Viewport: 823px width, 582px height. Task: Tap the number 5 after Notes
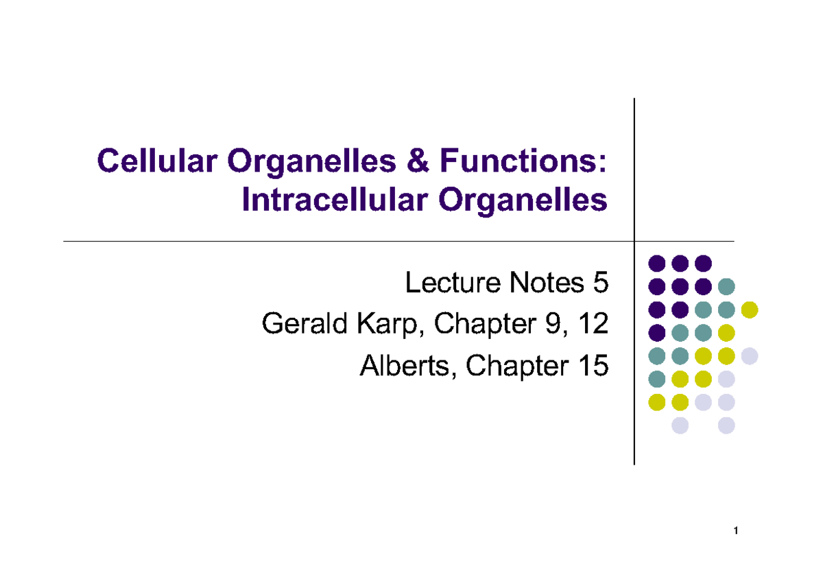click(x=599, y=282)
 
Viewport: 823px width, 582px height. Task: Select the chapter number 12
click(x=593, y=324)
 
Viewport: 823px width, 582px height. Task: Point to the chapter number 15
click(x=592, y=366)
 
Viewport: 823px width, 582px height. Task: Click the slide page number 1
click(x=735, y=531)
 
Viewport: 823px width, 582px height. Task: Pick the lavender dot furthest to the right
click(x=750, y=356)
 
